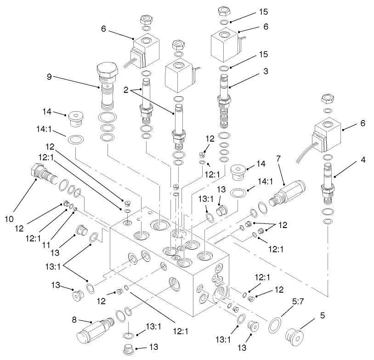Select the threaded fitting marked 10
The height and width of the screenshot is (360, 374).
tap(44, 174)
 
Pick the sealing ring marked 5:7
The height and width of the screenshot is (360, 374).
tap(275, 324)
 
